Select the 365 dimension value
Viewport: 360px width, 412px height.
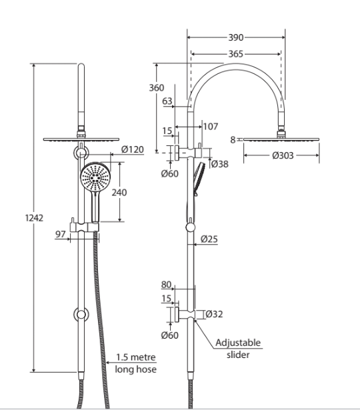point(235,54)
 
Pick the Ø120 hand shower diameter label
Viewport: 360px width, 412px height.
point(135,149)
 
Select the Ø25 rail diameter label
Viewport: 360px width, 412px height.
point(209,239)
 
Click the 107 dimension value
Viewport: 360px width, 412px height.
point(211,126)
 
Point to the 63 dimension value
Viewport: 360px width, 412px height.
point(167,101)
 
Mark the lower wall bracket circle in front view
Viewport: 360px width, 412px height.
point(81,314)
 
